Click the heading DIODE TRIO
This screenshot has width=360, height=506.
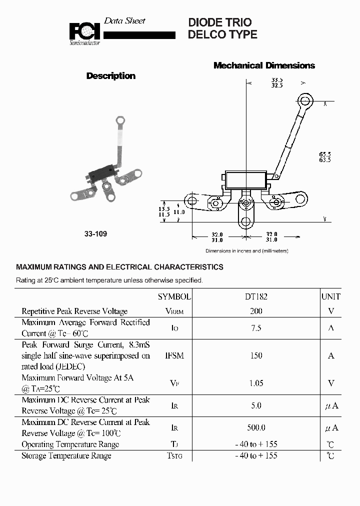point(219,22)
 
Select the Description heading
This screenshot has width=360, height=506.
point(110,76)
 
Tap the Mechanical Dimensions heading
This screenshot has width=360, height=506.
point(264,65)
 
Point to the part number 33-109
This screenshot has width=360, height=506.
point(95,233)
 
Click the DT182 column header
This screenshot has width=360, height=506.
point(256,296)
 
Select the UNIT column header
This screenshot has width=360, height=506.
point(330,296)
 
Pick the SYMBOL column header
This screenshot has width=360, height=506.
point(174,296)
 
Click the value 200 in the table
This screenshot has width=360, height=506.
point(256,311)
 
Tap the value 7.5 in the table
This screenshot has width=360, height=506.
point(256,328)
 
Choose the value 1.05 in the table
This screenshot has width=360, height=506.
point(256,383)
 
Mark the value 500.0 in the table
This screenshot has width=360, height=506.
point(256,427)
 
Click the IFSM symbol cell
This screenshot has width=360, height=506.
point(174,355)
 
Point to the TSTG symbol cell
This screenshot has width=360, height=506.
point(174,455)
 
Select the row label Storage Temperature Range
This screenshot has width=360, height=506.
point(66,455)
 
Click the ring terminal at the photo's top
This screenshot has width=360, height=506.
point(120,120)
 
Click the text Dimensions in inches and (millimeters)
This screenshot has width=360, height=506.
point(246,250)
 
